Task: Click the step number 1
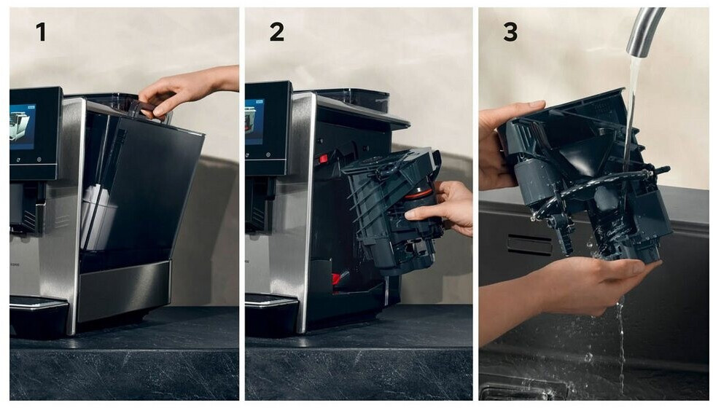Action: coord(42,32)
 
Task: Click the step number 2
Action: coord(277,32)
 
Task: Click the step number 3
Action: coord(510,32)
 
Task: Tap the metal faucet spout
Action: coord(644,33)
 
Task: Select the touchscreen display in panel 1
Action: coord(23,127)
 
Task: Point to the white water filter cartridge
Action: coord(96,216)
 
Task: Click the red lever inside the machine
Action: coord(323,159)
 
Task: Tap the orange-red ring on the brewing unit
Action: coord(418,195)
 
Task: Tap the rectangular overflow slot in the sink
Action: coord(529,245)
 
